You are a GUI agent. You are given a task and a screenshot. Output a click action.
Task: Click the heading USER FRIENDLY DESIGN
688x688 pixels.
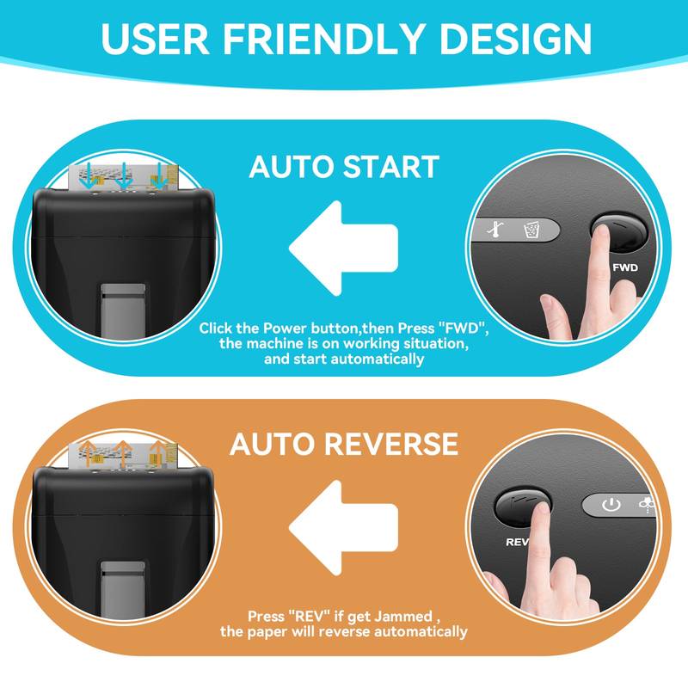(x=344, y=38)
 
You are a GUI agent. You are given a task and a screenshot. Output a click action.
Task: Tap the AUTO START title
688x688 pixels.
(x=344, y=166)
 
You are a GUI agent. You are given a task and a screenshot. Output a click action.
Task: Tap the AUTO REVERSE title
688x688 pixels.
(x=344, y=444)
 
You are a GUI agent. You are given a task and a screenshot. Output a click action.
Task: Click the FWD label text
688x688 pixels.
(x=624, y=267)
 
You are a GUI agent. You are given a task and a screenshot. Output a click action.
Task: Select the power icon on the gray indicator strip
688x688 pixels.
(x=611, y=505)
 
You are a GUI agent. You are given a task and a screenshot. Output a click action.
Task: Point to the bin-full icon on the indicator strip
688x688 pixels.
(x=531, y=230)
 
